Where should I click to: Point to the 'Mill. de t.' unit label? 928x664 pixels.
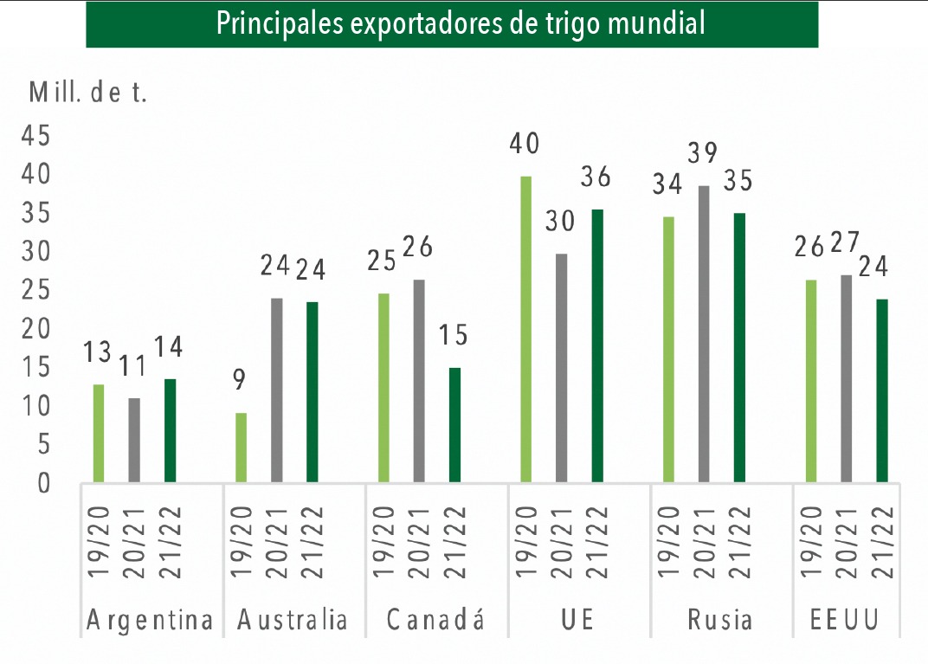tap(88, 93)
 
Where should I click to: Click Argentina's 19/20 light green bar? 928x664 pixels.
tap(99, 433)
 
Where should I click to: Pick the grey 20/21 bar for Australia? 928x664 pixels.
tap(277, 390)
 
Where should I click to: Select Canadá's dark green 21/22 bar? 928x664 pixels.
tap(454, 424)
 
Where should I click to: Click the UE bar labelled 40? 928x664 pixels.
tap(525, 329)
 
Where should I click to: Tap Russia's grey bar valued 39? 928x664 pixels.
tap(704, 333)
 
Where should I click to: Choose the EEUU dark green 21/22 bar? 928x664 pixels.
tap(881, 390)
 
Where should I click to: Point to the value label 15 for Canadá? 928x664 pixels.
tap(454, 336)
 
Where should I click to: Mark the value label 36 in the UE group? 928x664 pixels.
tap(596, 177)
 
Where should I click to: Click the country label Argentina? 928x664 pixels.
tap(151, 621)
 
